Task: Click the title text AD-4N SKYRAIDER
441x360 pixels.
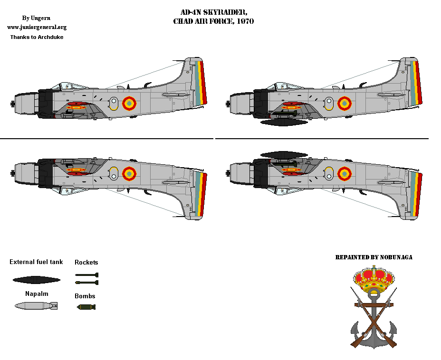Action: click(214, 12)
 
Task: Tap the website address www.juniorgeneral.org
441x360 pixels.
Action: click(37, 27)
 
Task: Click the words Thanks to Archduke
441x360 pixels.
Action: click(37, 37)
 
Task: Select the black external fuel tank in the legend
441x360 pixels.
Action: click(37, 280)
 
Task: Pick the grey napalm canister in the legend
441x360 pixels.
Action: click(36, 306)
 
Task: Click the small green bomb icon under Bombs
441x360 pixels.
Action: click(86, 307)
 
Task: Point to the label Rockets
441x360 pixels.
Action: click(86, 262)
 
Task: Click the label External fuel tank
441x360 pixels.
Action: click(36, 262)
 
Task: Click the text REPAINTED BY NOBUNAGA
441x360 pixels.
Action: click(374, 257)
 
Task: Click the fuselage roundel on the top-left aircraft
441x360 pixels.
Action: click(129, 104)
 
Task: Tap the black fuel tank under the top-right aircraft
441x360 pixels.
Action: click(284, 122)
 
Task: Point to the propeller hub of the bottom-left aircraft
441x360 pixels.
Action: click(12, 173)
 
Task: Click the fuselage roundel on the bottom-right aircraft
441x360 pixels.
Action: click(345, 174)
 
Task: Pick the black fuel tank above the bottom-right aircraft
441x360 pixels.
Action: click(284, 155)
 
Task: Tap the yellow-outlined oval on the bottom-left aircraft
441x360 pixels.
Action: click(114, 173)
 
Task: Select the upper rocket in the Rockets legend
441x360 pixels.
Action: click(86, 275)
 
